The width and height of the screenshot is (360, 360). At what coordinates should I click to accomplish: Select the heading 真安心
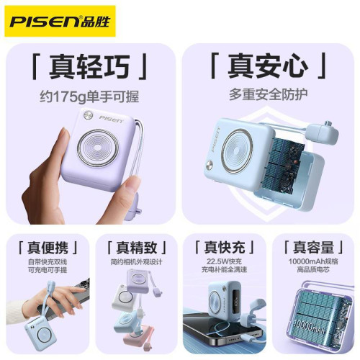click(269, 68)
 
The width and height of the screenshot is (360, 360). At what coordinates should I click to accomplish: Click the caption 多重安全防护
click(269, 94)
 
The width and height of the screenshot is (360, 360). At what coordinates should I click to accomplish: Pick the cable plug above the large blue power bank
click(318, 132)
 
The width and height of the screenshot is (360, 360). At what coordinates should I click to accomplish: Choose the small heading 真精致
click(135, 245)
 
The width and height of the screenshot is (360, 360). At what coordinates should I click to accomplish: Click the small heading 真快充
click(225, 245)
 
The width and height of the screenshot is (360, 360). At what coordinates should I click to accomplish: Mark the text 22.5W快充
click(225, 261)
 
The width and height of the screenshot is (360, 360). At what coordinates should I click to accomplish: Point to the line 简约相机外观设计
click(135, 261)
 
